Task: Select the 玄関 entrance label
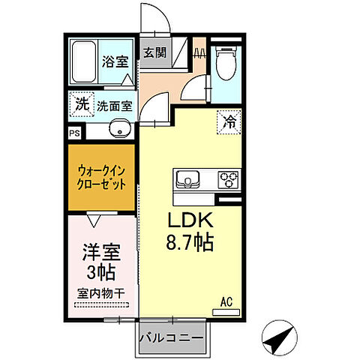pos(155,53)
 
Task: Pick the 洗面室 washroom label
pos(114,106)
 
